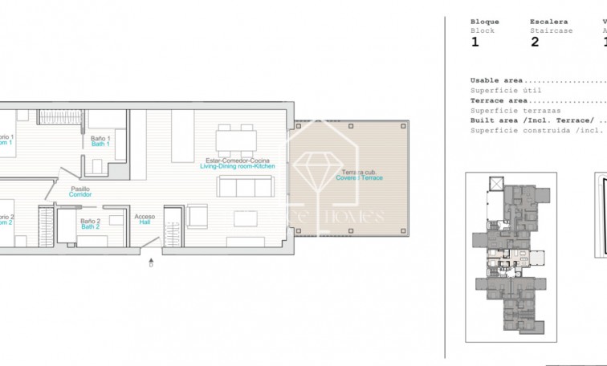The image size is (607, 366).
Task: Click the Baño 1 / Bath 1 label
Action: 100,141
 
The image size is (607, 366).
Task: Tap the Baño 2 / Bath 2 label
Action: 90,222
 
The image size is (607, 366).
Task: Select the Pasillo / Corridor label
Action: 80,192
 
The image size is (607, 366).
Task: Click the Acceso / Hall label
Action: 145,219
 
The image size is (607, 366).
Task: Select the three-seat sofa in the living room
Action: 246,186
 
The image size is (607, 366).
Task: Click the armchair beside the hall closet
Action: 197,216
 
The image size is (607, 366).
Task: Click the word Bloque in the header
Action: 484,22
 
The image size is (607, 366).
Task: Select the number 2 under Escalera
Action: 534,43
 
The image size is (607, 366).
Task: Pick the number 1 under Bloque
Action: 475,43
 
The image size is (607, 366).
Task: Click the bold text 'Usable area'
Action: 496,80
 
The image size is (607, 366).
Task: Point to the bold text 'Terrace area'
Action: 499,100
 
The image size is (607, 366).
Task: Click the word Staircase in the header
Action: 551,31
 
